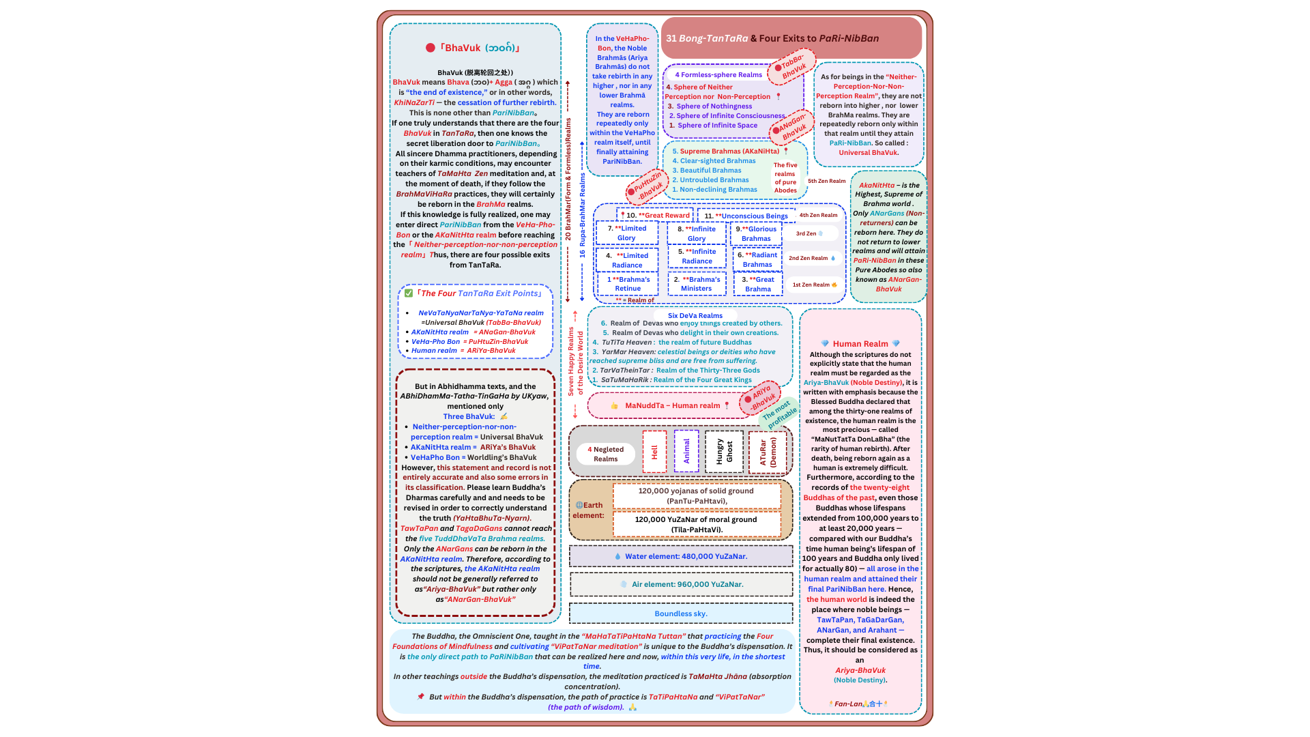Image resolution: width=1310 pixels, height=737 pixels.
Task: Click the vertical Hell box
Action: point(654,452)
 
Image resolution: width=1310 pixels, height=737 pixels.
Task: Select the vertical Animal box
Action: point(686,451)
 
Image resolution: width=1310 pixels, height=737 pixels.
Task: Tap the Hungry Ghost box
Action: point(724,452)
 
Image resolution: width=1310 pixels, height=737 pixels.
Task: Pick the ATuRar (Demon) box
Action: point(768,452)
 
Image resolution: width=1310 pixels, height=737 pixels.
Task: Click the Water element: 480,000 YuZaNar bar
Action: point(681,556)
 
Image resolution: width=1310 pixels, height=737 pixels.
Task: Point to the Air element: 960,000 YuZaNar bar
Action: point(681,584)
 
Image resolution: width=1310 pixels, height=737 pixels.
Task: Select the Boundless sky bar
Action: point(681,613)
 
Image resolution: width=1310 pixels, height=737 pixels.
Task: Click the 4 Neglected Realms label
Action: point(606,454)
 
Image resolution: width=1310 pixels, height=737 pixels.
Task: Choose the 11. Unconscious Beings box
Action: point(746,216)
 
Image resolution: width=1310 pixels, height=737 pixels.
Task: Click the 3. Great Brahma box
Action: point(758,284)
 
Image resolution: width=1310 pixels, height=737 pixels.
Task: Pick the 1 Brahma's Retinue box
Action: point(628,284)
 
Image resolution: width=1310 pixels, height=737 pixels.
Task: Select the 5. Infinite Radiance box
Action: point(697,256)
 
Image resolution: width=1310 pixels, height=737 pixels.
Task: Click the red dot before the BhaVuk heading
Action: point(431,48)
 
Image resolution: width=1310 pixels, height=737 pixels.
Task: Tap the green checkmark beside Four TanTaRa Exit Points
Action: point(409,293)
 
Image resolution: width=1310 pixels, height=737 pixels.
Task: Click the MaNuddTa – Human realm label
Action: point(672,405)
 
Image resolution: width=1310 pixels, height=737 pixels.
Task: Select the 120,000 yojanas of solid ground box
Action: point(697,495)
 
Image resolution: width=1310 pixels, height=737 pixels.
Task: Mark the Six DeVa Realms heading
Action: point(695,315)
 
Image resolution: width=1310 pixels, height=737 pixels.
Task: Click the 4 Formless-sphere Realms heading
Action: point(718,74)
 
